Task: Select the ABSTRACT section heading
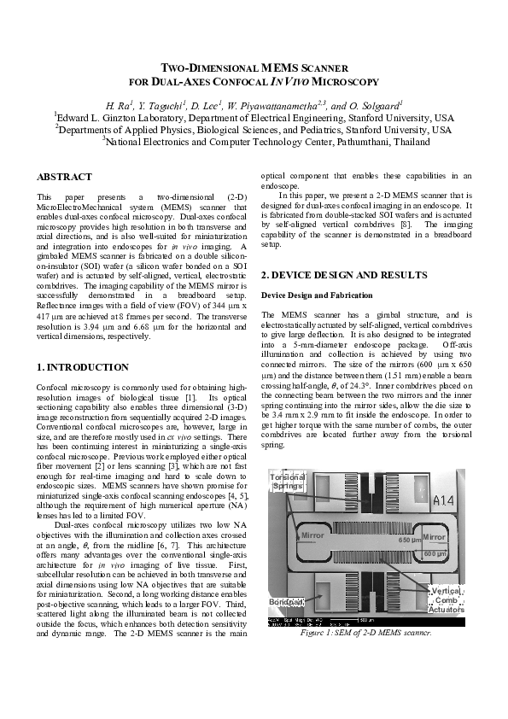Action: click(64, 177)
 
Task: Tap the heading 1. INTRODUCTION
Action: click(83, 366)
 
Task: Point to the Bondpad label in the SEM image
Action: click(286, 602)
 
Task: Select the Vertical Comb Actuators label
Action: click(446, 600)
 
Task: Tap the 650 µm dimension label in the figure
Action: click(412, 541)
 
